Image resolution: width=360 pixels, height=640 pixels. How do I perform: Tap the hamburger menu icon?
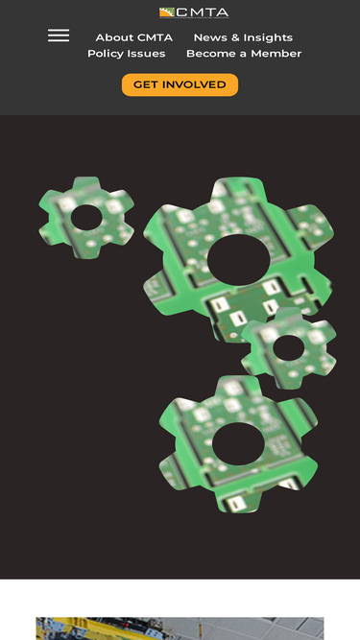coord(59,36)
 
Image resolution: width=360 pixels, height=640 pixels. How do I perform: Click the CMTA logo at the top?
coord(194,12)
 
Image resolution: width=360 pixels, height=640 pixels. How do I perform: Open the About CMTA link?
coord(133,37)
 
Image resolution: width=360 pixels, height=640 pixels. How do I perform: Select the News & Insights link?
coord(243,37)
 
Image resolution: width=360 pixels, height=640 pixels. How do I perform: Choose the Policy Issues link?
coord(127,54)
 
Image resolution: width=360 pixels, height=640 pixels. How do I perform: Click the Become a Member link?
coord(244,54)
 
